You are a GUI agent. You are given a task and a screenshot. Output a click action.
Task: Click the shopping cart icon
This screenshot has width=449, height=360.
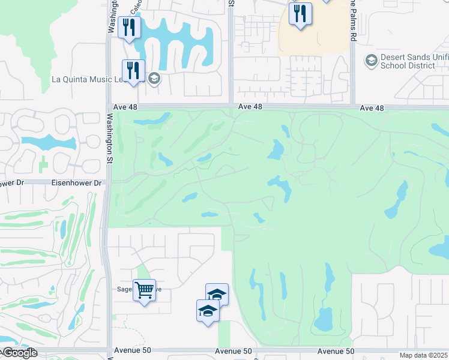[144, 290]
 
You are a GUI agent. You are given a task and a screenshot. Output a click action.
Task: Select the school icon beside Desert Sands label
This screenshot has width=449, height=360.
[370, 60]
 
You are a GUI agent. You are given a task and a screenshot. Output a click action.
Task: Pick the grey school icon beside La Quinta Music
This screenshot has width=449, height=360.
[154, 79]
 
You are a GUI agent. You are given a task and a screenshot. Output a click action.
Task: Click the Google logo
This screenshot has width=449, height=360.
[19, 353]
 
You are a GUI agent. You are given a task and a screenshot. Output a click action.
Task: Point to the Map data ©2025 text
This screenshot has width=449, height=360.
[423, 355]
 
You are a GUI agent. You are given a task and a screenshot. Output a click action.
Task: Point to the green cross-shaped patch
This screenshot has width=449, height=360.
[43, 163]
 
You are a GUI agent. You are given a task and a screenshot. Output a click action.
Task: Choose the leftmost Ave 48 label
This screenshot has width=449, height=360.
[251, 107]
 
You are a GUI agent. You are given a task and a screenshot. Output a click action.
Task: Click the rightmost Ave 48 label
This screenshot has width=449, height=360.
[372, 108]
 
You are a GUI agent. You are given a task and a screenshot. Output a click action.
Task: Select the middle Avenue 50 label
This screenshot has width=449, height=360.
[232, 351]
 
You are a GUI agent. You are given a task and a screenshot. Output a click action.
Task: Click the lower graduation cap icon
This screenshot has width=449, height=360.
[208, 311]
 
